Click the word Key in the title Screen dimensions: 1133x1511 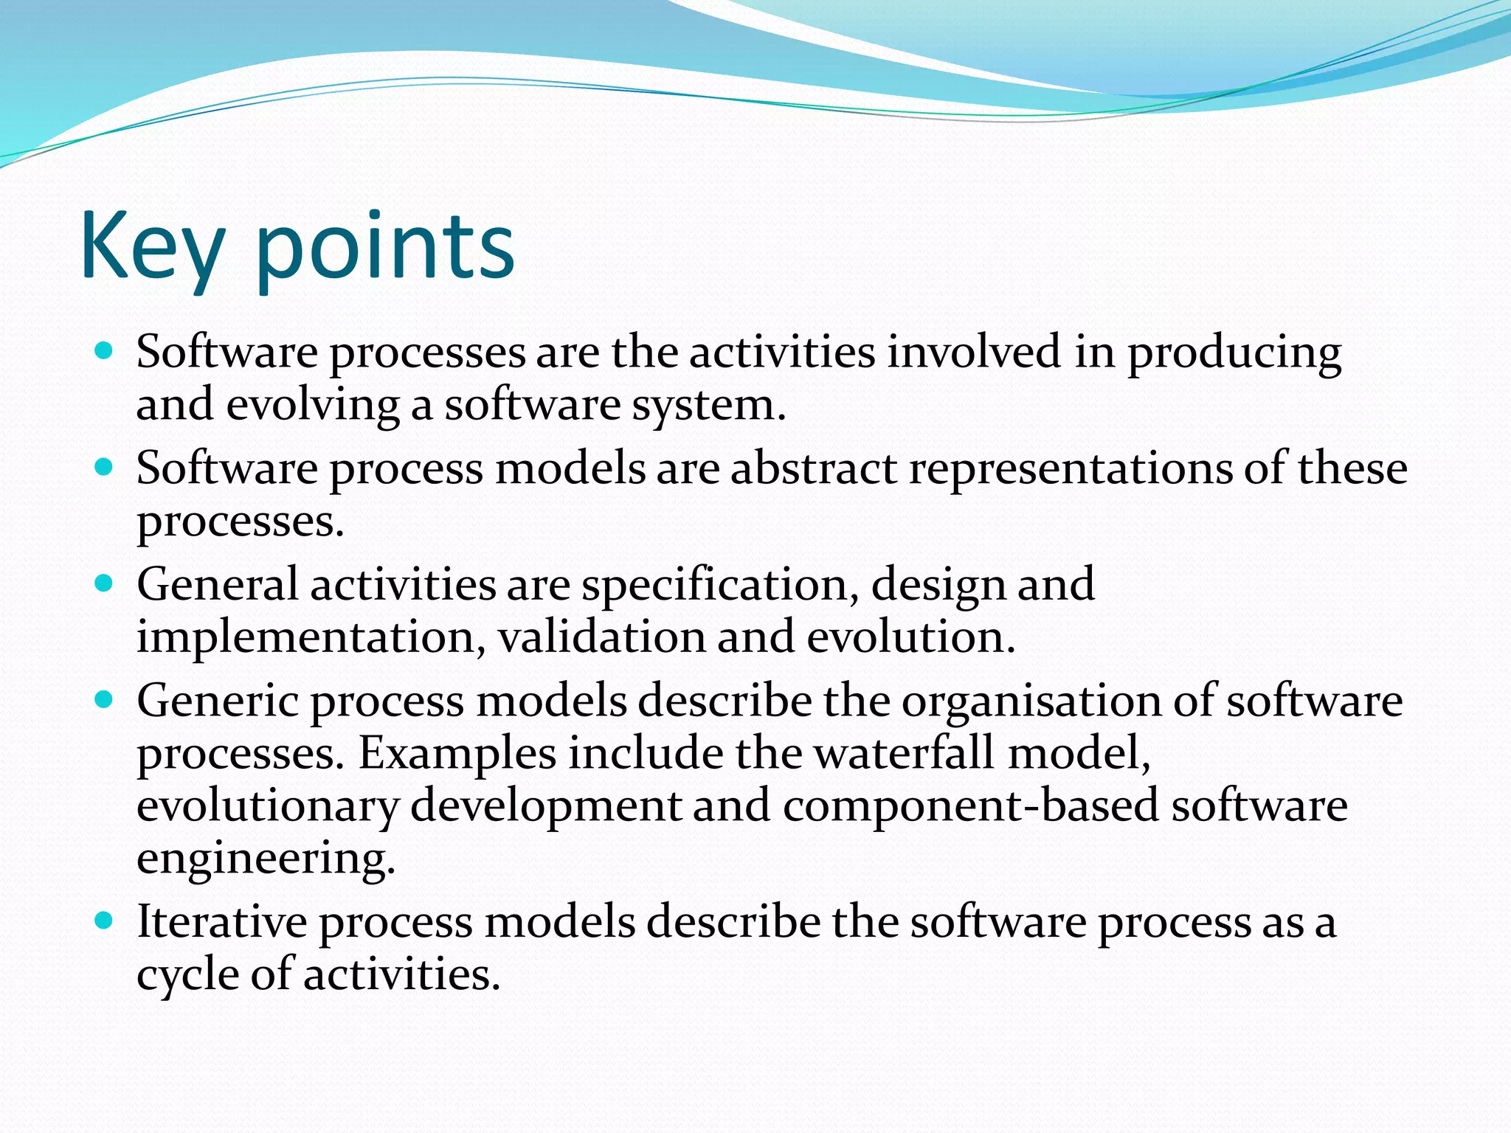pos(151,247)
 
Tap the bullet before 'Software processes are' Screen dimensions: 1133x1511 pos(104,350)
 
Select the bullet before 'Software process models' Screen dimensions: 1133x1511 pos(104,467)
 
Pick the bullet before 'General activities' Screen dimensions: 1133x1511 pos(104,583)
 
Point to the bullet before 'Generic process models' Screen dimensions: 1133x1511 pos(104,699)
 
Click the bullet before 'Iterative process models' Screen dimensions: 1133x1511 pos(104,921)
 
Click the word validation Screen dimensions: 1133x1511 pos(601,637)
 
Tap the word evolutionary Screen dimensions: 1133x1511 pos(268,807)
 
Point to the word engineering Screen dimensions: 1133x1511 pos(266,860)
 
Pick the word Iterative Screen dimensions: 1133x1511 pos(222,922)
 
